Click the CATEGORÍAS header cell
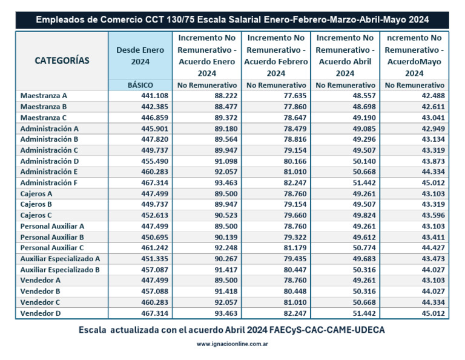click(62, 61)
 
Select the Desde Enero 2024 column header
click(140, 55)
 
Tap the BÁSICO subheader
click(140, 85)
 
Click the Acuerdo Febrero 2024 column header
click(275, 55)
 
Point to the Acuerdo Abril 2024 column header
click(345, 55)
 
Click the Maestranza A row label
click(44, 96)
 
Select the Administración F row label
click(49, 183)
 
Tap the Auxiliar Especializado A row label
click(60, 259)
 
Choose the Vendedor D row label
click(40, 313)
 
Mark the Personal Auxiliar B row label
click(52, 237)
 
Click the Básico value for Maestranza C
click(154, 118)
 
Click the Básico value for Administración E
click(154, 172)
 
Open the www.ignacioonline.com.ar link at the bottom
click(232, 344)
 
